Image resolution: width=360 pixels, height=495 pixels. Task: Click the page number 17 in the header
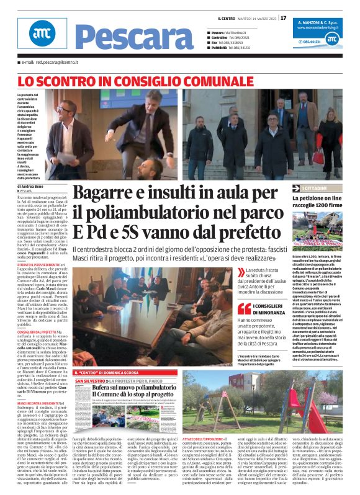coord(284,18)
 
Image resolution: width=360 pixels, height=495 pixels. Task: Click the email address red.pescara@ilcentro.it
coord(49,63)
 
